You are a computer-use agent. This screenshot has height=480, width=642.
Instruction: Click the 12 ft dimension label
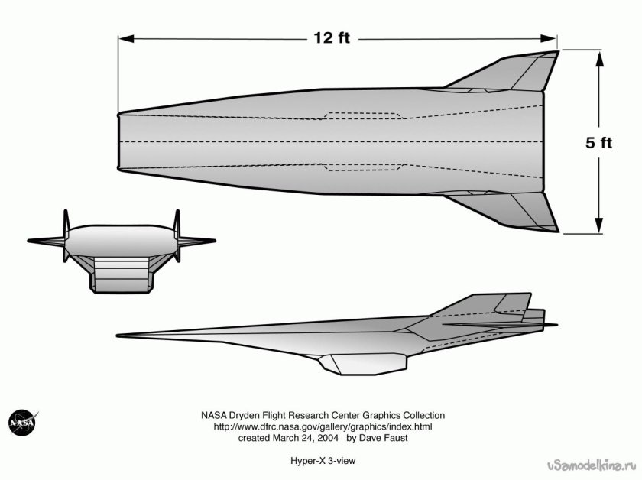click(331, 37)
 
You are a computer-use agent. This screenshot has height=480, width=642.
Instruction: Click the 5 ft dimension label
click(599, 142)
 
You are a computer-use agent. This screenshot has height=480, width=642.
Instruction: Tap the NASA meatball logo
click(21, 423)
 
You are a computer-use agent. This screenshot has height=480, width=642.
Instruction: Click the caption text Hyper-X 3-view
click(323, 461)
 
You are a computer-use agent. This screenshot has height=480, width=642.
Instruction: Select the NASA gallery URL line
click(323, 426)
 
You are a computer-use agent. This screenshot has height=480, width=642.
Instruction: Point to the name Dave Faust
click(382, 439)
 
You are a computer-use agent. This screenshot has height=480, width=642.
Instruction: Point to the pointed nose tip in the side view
click(119, 335)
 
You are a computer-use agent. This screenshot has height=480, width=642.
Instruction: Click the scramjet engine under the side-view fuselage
click(359, 364)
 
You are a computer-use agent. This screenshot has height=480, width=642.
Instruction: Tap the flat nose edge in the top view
click(119, 142)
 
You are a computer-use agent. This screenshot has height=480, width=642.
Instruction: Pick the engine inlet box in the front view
click(120, 275)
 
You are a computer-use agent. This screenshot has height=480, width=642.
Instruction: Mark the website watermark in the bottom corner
click(592, 465)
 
